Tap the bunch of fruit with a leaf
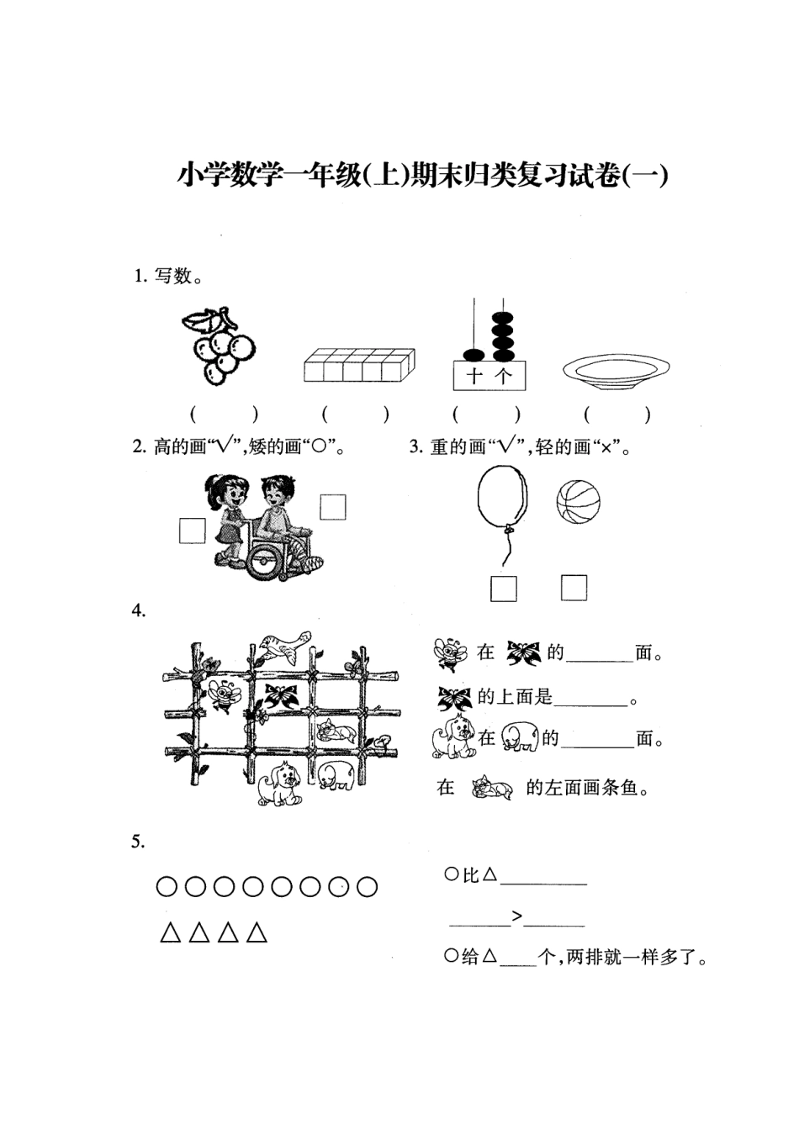(217, 346)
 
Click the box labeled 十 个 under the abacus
(489, 376)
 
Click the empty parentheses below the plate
(616, 414)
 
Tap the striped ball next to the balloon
(578, 502)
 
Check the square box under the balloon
(503, 589)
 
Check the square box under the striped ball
(574, 588)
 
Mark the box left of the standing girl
(193, 531)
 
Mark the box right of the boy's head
(333, 507)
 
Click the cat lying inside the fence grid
(336, 731)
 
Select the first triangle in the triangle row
(171, 932)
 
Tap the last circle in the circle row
(368, 886)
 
